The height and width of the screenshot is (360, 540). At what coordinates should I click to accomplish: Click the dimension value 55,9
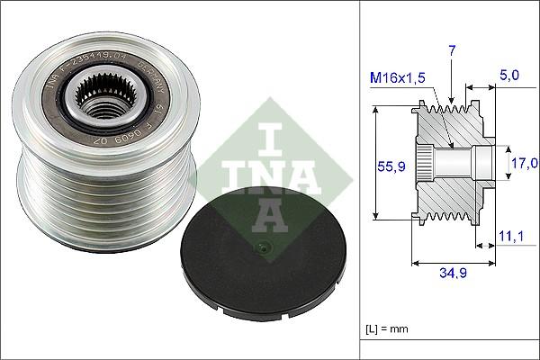(387, 167)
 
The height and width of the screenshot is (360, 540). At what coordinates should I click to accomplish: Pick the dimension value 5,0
(511, 78)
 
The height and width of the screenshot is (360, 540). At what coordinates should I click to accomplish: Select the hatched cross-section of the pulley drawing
(450, 193)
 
